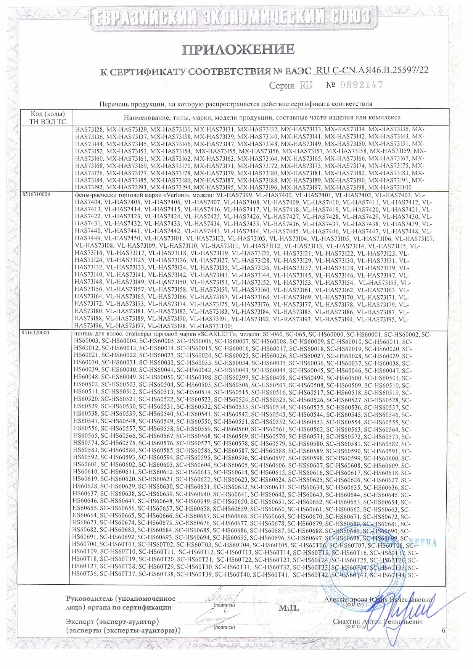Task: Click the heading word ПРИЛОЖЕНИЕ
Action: click(x=238, y=50)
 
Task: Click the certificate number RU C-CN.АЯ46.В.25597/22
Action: click(x=372, y=70)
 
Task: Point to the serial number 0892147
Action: click(x=359, y=85)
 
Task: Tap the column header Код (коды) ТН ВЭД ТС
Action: click(x=48, y=118)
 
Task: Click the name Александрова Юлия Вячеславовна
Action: click(x=378, y=600)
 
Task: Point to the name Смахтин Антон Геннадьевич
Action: click(x=378, y=622)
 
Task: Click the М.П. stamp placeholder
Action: click(x=288, y=608)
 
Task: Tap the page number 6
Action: click(x=443, y=630)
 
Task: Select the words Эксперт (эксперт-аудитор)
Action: click(x=112, y=621)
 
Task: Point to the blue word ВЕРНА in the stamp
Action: click(x=423, y=543)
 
